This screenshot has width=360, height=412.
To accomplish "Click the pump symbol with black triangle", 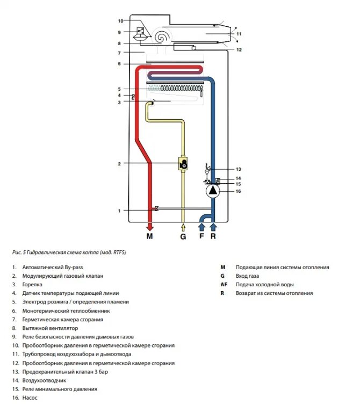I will point(213,190).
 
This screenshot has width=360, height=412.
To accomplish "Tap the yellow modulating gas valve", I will point(183,163).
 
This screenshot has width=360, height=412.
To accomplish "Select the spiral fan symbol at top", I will point(161,37).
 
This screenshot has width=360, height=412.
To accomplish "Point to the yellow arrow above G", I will point(183,226).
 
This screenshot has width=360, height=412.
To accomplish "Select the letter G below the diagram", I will point(183,236).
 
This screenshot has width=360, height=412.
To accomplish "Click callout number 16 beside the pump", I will point(239,191).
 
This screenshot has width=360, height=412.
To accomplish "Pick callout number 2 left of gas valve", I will point(120,163).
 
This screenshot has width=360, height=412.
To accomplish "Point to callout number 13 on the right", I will point(239,169).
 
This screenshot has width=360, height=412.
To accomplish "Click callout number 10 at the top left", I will point(120,21).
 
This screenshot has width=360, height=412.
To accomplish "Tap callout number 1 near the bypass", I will point(120,211).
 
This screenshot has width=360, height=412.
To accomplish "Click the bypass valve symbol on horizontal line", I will point(156,209).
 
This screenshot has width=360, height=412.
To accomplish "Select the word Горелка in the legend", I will point(33,285).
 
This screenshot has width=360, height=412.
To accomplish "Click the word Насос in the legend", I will point(30,398).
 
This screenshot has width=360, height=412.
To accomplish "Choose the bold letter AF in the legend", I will point(224,284).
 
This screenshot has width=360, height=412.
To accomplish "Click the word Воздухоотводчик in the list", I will point(46,380).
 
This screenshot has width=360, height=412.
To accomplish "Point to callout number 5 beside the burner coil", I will point(120,89).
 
